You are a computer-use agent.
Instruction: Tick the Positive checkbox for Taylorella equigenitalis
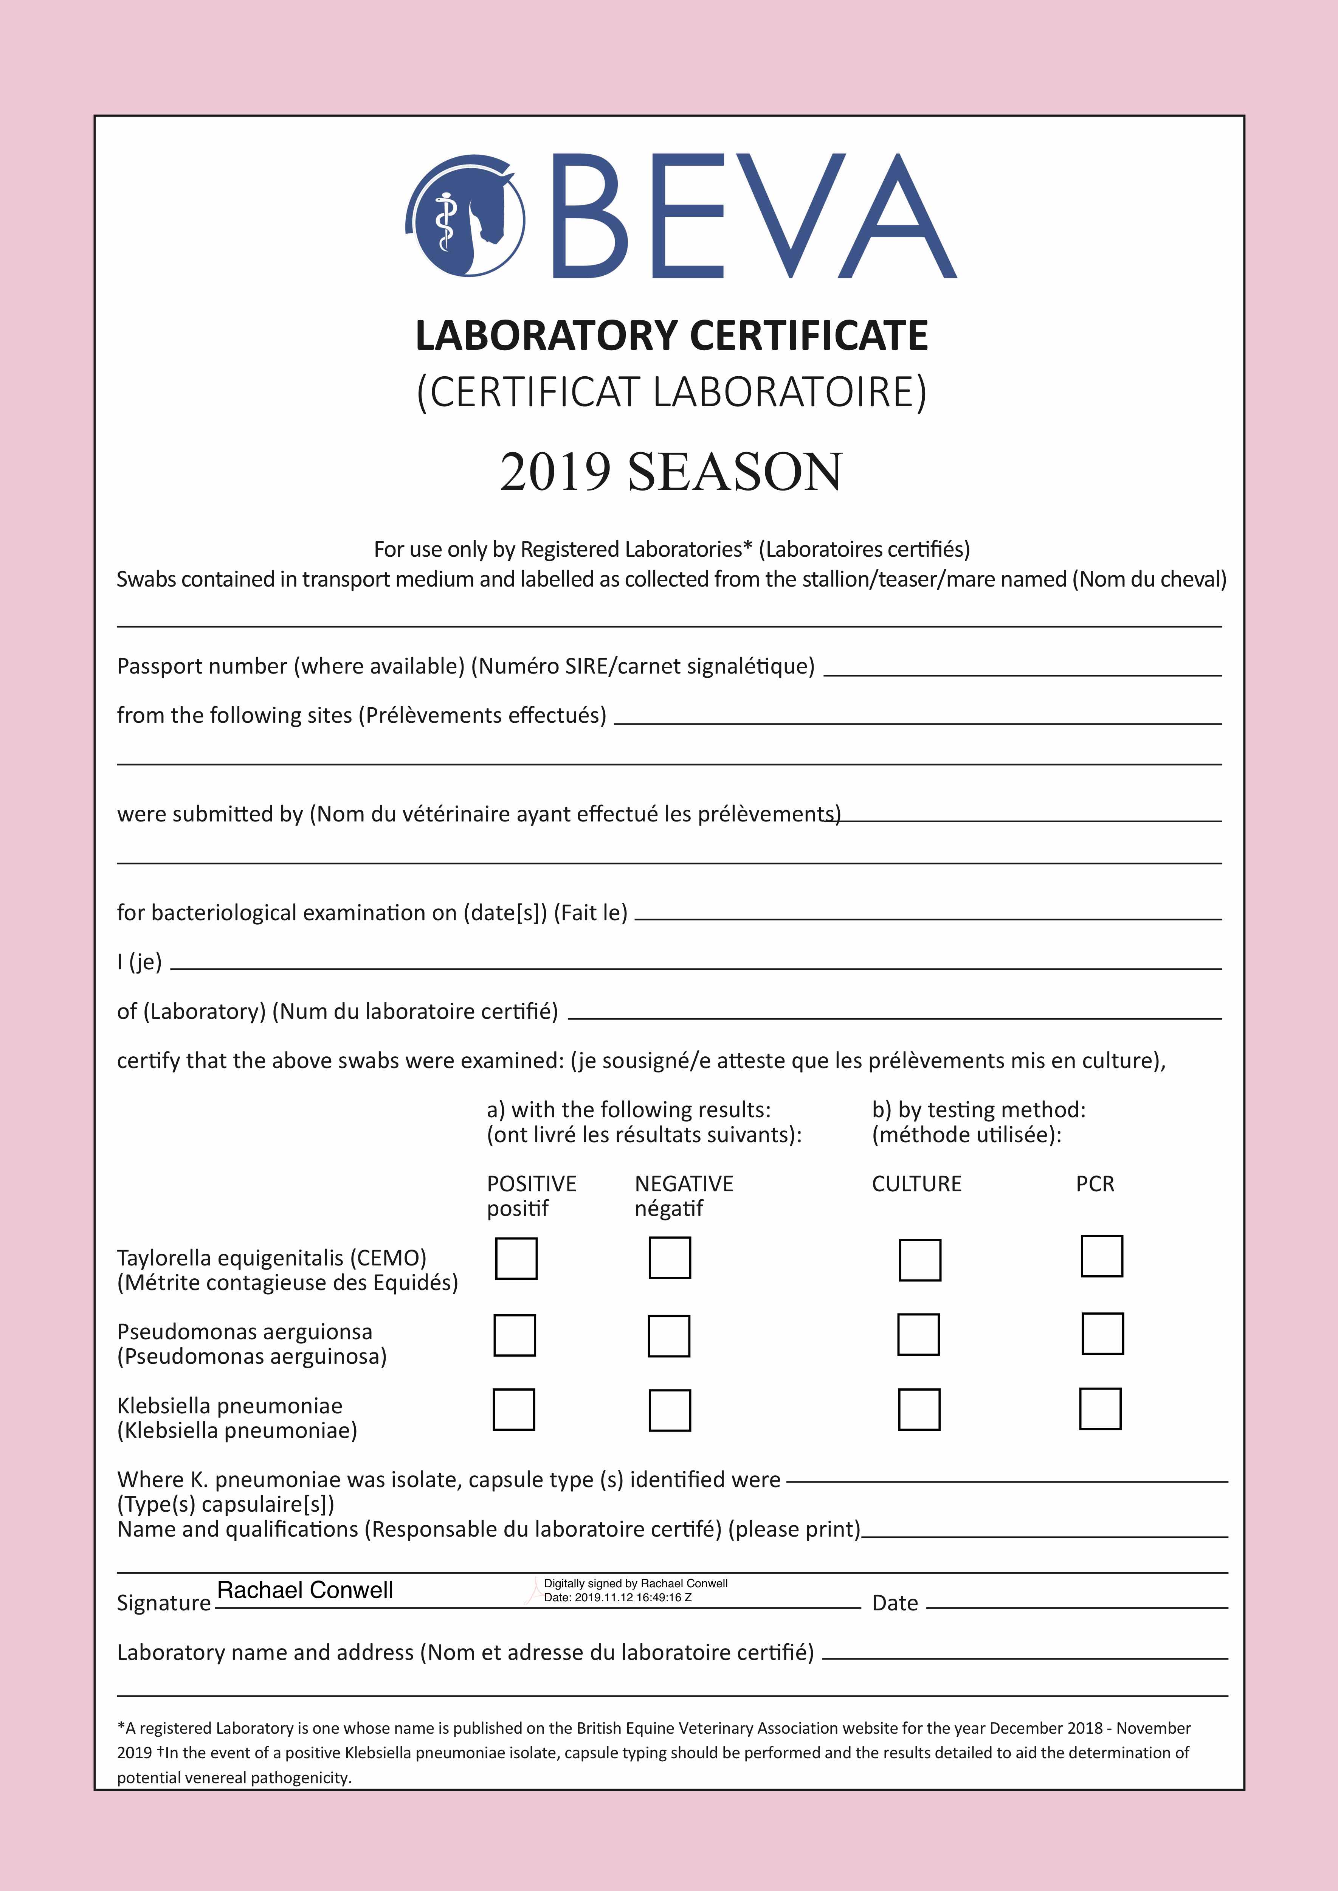coord(516,1258)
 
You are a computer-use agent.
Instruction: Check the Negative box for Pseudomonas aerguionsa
coord(669,1336)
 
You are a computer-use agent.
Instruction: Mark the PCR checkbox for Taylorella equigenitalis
coord(1102,1256)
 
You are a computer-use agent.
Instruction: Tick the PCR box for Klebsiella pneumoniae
coord(1100,1408)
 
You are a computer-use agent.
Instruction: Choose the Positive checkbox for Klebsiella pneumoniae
coord(514,1409)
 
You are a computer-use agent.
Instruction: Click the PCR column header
coord(1095,1184)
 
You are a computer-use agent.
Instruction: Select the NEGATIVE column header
coord(684,1184)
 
